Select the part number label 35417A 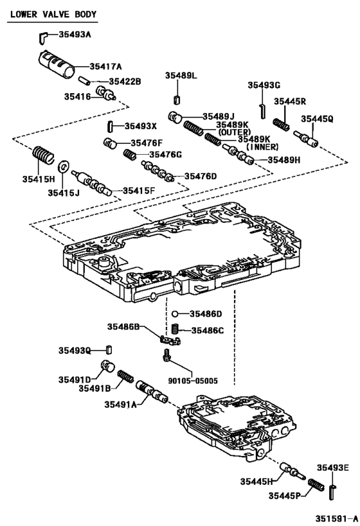tap(105, 66)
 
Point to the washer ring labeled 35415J tap(64, 167)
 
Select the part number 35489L tap(181, 76)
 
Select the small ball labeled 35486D tap(174, 314)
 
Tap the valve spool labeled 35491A tap(149, 391)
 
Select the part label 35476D tap(201, 176)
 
